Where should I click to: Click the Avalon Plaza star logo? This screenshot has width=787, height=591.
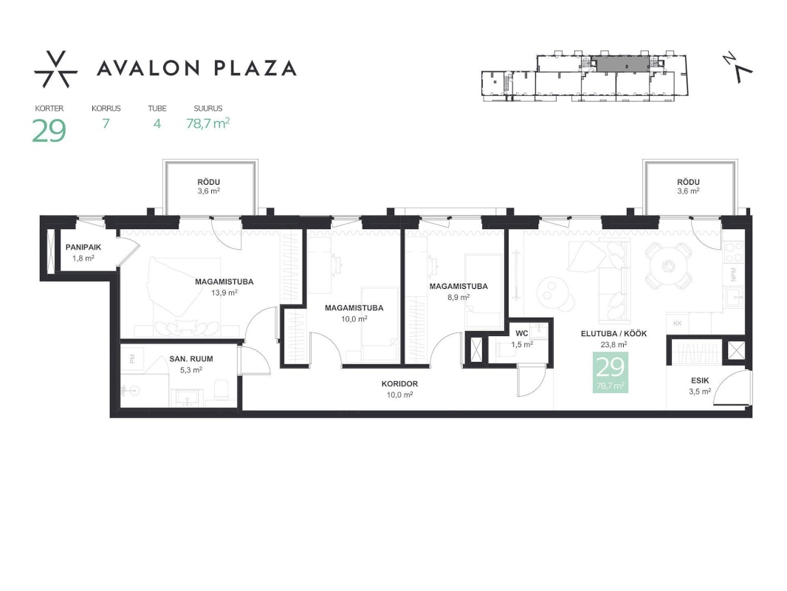pos(55,69)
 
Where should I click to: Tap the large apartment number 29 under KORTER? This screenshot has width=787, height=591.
pos(49,131)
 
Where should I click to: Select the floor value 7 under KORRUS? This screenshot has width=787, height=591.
pos(106,123)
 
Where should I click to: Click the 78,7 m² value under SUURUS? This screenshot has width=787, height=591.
pos(207,123)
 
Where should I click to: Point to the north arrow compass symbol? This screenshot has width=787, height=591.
pos(738,67)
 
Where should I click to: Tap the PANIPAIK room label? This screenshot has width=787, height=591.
pos(83,247)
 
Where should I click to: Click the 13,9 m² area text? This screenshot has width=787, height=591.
pos(224,293)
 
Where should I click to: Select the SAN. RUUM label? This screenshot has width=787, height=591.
pos(191,359)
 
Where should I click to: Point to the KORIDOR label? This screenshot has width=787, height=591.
pos(399,383)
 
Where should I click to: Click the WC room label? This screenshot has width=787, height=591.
pos(522,333)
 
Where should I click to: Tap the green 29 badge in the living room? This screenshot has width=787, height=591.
pos(611,372)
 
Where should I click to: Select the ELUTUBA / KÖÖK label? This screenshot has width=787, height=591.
pos(614,333)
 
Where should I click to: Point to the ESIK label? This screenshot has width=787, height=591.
pos(700,380)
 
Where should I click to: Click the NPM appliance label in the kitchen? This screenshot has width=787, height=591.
pos(733,274)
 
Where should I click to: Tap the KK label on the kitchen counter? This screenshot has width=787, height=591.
pos(678,324)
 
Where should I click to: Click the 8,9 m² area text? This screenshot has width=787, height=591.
pos(458,297)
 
